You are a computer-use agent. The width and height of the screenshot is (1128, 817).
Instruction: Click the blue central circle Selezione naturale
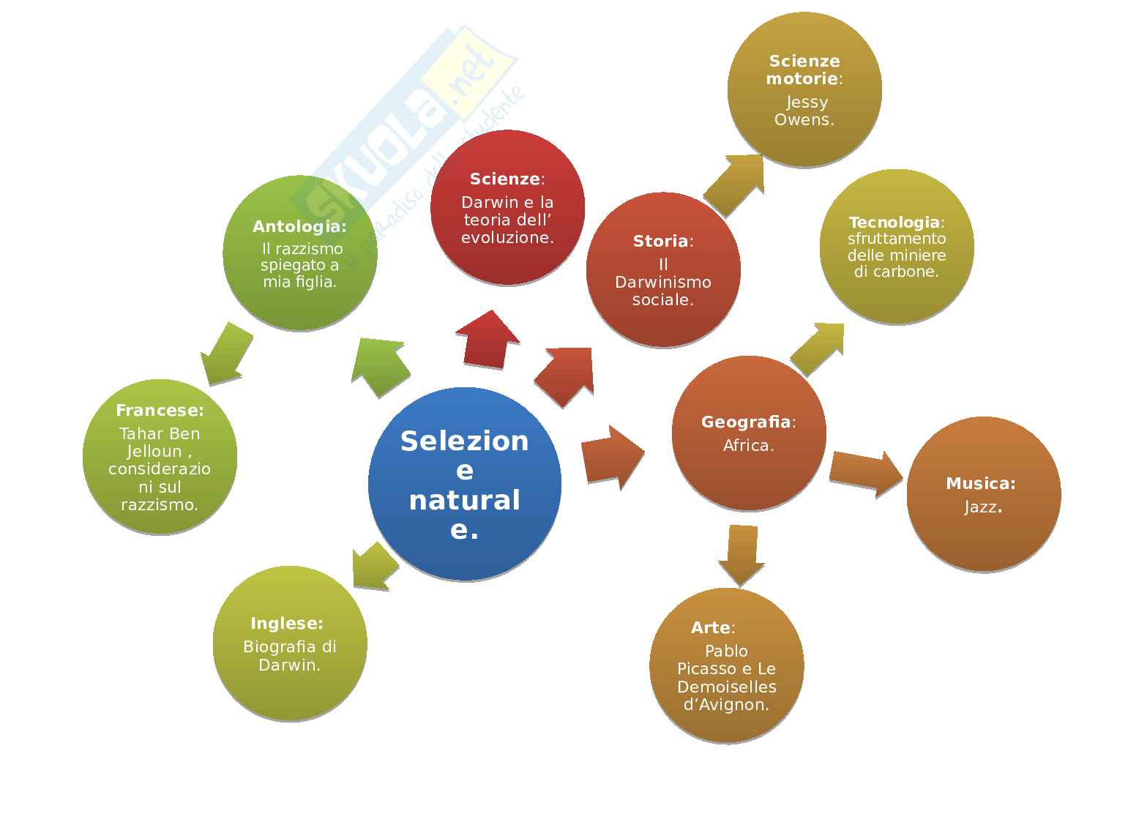point(464,484)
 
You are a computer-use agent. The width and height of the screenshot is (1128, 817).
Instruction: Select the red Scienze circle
point(507,207)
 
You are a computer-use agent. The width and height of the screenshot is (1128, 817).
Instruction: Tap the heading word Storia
point(660,241)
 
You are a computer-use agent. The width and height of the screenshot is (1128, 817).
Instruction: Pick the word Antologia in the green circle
point(298,227)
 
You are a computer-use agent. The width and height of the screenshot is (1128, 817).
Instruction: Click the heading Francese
point(159,411)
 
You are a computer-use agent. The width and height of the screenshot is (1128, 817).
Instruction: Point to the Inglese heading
point(286,624)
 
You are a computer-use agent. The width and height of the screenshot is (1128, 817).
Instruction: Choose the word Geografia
point(746,422)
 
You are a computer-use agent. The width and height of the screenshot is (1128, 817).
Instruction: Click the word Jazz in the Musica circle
point(981,507)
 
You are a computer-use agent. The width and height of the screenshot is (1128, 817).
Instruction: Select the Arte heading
point(711,628)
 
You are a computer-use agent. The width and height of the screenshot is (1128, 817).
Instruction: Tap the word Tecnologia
point(894,223)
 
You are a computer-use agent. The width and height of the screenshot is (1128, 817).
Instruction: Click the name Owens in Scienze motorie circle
point(804,120)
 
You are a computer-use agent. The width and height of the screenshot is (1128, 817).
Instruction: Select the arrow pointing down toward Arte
point(742,554)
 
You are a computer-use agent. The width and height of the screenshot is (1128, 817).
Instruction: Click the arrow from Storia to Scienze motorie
point(734,184)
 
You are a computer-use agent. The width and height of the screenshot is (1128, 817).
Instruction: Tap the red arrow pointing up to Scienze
point(487,340)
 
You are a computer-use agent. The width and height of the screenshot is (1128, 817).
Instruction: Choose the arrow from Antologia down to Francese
point(225,354)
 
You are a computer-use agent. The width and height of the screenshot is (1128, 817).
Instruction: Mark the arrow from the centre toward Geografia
point(612,458)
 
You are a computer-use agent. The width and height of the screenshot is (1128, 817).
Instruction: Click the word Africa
point(748,446)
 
